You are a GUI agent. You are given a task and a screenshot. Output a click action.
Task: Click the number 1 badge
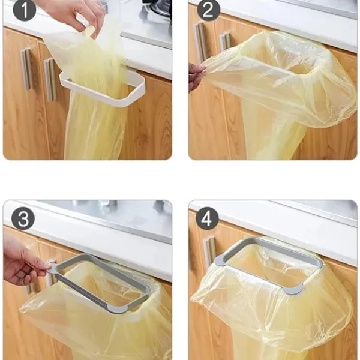tap(25, 10)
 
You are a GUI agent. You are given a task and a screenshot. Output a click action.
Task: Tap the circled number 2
tap(208, 10)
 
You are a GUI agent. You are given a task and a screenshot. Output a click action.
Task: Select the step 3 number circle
tap(23, 218)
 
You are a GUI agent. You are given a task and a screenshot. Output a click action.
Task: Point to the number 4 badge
tap(207, 218)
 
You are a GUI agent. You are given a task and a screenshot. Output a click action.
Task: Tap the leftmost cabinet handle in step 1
tap(27, 69)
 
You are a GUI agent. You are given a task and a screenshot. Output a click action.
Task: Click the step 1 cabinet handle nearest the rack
tap(50, 79)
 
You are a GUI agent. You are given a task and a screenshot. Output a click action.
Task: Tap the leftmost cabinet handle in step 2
tap(200, 43)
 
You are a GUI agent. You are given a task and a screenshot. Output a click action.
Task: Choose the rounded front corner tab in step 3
tap(116, 308)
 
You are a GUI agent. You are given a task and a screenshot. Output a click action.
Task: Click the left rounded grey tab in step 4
tap(220, 260)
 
